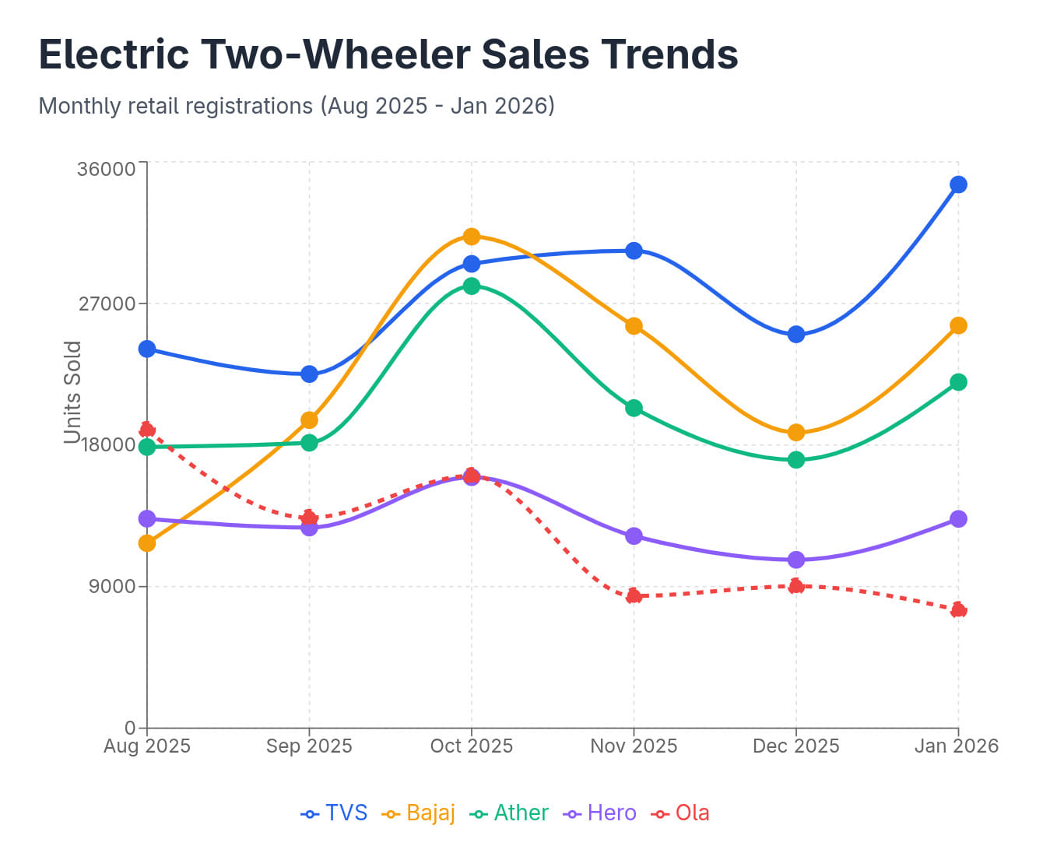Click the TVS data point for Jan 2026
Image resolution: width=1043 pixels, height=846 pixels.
coord(958,184)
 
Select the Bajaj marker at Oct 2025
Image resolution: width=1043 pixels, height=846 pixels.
coord(472,237)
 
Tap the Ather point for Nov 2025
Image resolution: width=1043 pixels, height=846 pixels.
coord(634,408)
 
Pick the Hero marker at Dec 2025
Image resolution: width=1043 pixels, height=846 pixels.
coord(795,560)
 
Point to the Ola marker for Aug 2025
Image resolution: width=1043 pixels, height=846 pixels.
coord(147,430)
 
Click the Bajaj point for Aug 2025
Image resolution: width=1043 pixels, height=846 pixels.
coord(147,543)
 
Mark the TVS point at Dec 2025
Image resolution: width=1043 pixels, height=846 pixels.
coord(795,335)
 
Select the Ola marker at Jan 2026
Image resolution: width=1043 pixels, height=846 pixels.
coord(958,609)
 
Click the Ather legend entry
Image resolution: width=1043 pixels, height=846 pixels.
coord(510,813)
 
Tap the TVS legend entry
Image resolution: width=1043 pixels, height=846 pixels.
coord(334,813)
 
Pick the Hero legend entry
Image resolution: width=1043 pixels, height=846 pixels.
coord(601,813)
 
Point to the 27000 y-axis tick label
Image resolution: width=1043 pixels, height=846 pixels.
coord(107,304)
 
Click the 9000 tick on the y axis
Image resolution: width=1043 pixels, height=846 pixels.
coord(112,587)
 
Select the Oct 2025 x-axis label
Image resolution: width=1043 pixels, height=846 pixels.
coord(472,746)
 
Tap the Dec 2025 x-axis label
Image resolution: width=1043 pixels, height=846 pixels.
coord(795,746)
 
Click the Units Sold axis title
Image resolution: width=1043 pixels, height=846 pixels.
coord(72,392)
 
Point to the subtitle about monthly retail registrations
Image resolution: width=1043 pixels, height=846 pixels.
coord(297,106)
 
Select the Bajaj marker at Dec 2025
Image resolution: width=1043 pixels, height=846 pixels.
coord(795,433)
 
